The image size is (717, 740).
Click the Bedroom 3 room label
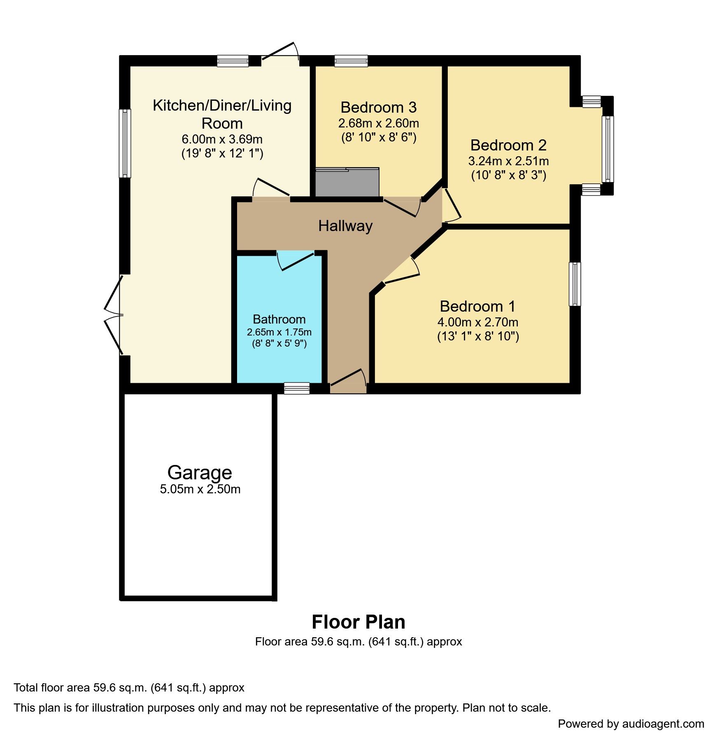coord(378,107)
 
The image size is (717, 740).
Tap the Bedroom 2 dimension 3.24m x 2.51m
coord(508,161)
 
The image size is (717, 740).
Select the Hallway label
coord(345,226)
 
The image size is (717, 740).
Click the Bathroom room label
coord(279,319)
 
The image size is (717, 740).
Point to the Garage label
coord(200,472)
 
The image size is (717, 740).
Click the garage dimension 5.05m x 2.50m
coord(200,489)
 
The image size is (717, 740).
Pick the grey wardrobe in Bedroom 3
coord(347,183)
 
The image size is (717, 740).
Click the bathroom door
coord(296,260)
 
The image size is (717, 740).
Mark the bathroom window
coord(297,388)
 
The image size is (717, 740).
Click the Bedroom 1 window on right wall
coord(575,284)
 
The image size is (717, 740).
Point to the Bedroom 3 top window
coord(351,61)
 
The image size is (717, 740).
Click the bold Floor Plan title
coord(358,622)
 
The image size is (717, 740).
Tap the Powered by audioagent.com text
coord(631,724)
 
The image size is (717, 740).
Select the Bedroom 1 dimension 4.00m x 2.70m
coord(477,322)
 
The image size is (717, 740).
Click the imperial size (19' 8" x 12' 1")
coord(222,153)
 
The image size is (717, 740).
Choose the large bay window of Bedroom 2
coord(607,149)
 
